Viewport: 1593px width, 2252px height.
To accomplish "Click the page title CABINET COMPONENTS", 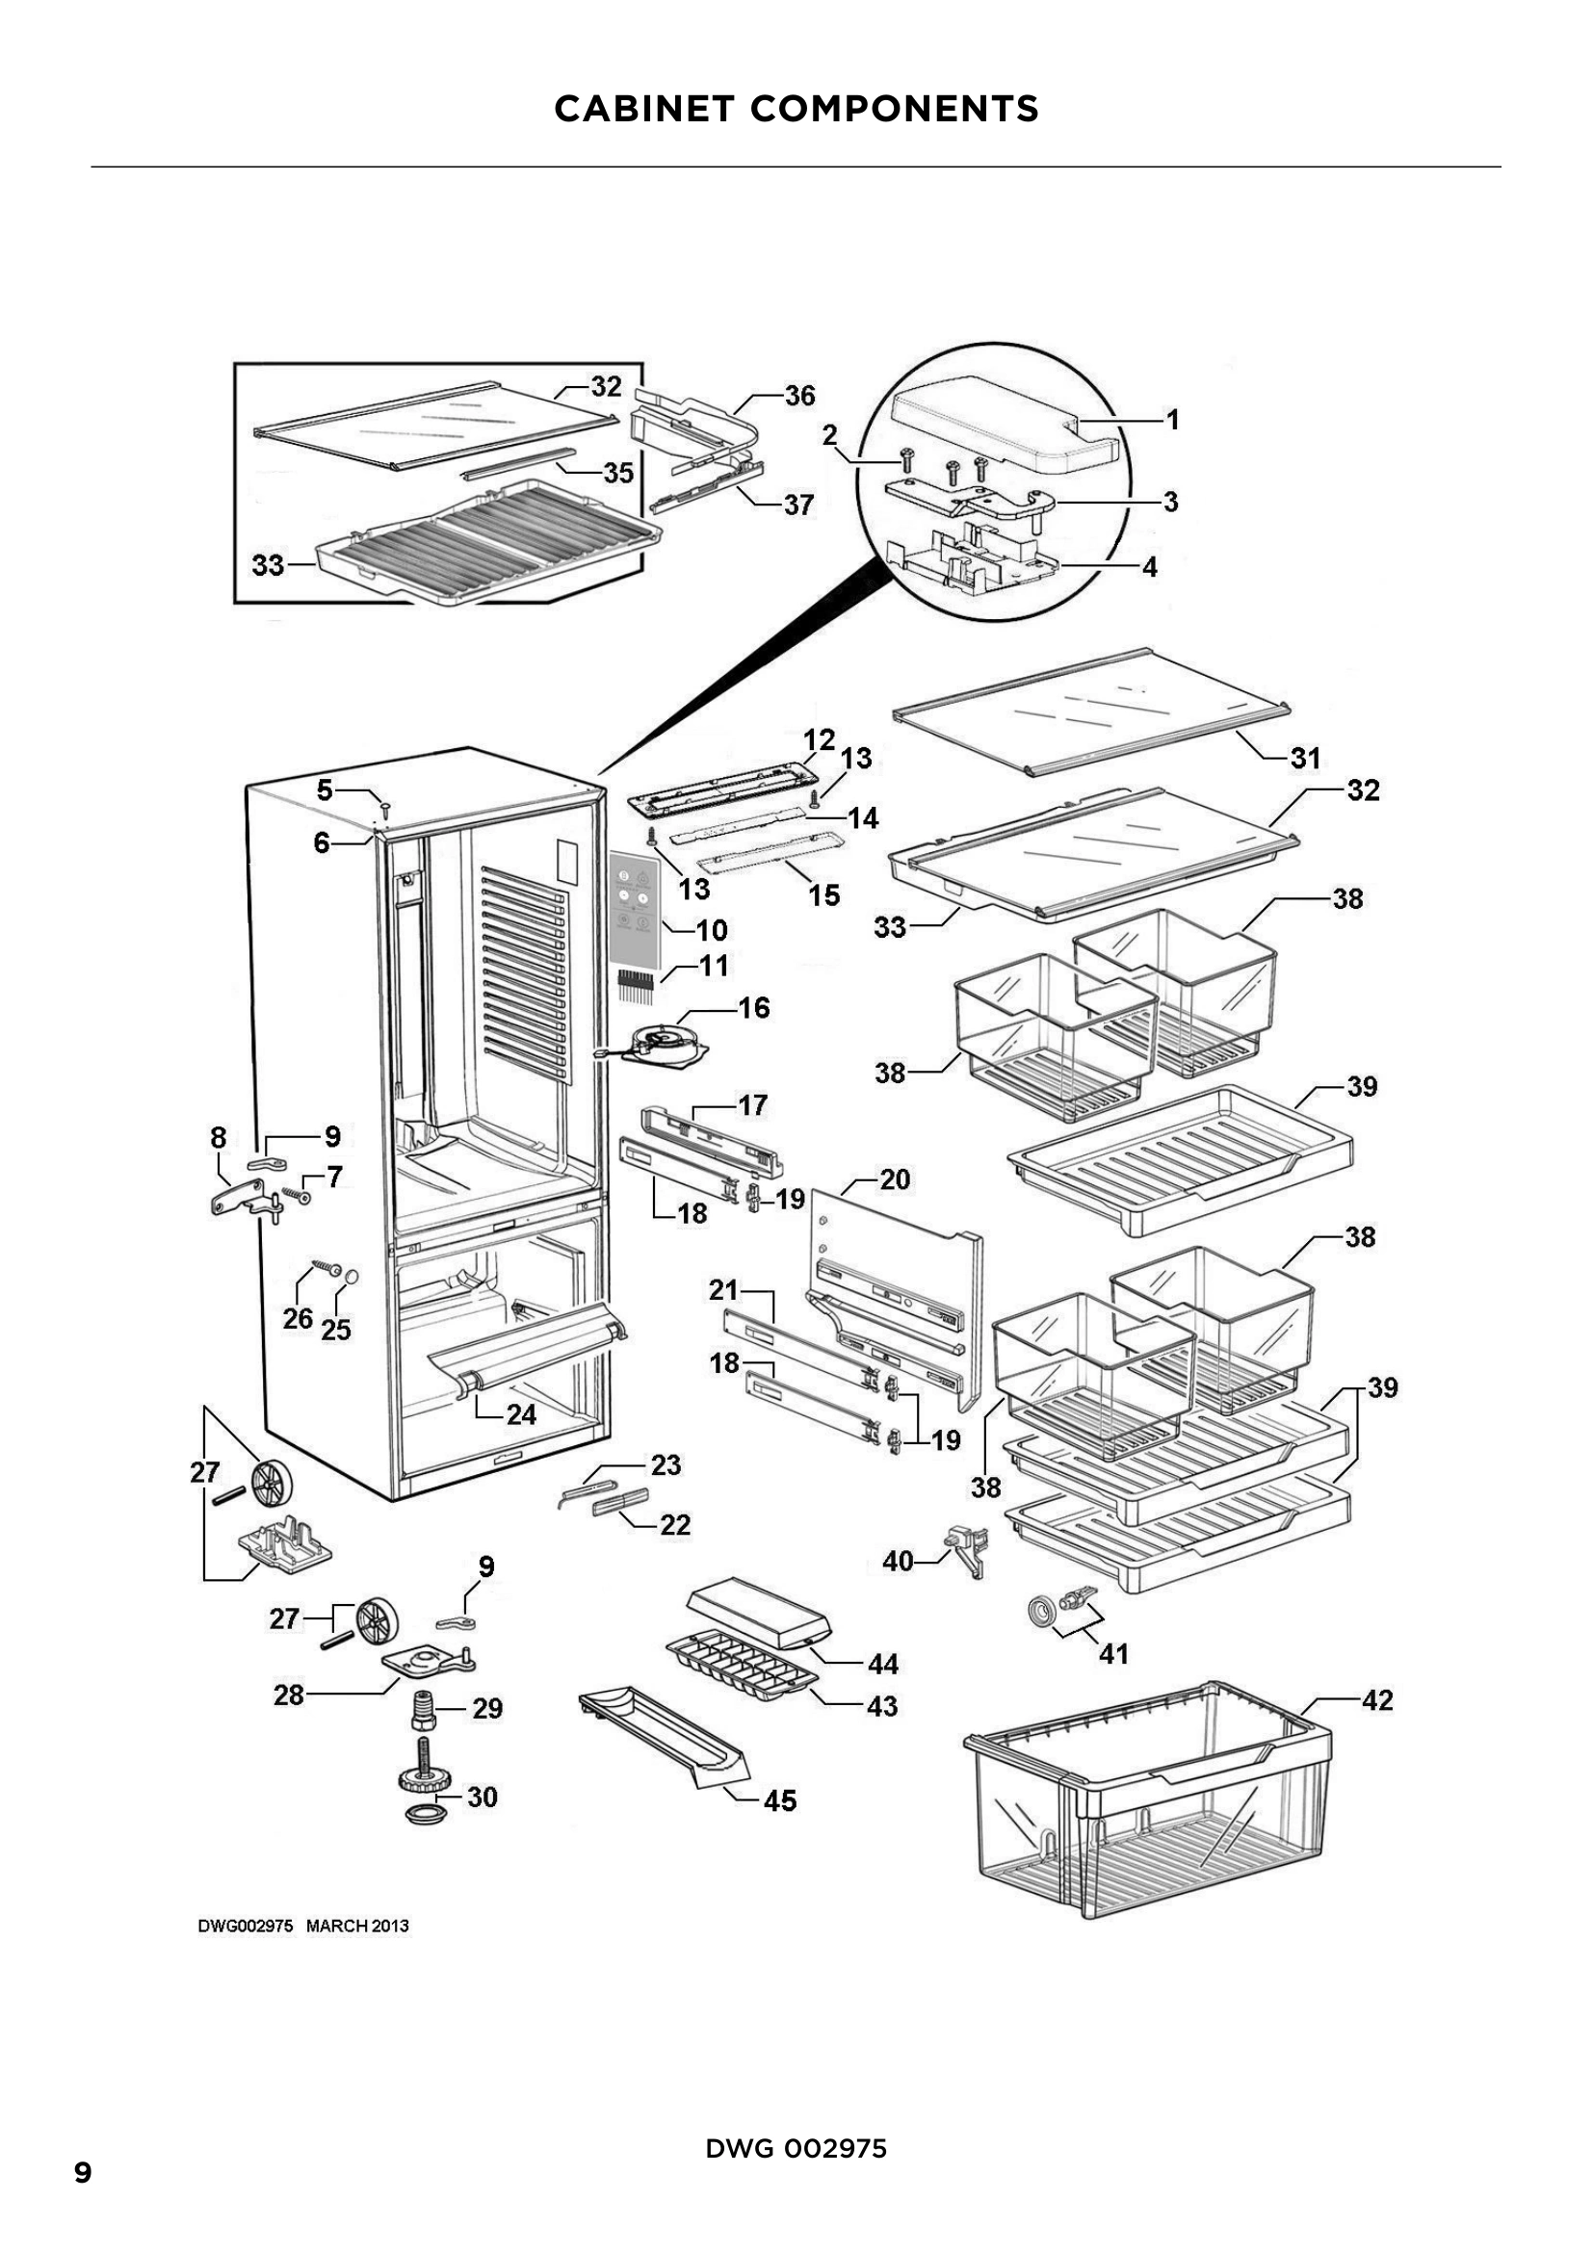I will [x=796, y=108].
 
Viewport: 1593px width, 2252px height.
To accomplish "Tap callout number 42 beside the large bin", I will [x=1377, y=1699].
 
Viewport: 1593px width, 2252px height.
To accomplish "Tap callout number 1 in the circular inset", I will [x=1171, y=420].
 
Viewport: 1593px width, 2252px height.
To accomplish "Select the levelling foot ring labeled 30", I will [x=425, y=1813].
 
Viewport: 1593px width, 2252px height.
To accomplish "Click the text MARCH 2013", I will [x=357, y=1926].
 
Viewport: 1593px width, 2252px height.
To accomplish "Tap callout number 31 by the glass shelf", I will [x=1305, y=757].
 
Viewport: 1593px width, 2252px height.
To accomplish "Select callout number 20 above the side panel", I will [x=895, y=1179].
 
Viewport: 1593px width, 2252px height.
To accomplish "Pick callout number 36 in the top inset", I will [x=799, y=396].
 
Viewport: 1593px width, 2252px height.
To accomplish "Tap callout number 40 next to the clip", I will [x=898, y=1561].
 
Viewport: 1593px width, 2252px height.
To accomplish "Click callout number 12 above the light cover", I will [x=819, y=739].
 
